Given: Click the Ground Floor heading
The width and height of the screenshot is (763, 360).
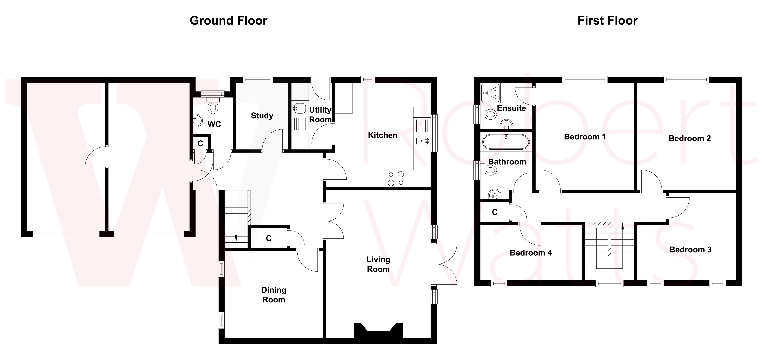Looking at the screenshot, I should point(228,21).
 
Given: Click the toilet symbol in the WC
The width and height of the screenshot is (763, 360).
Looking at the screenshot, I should point(213,107).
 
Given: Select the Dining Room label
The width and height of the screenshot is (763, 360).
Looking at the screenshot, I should point(273,295).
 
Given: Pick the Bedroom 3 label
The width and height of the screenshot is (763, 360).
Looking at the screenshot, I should point(690,250).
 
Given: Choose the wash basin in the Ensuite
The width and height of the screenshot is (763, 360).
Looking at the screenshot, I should point(506,124).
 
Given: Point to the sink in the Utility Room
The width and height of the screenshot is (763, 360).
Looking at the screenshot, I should point(299,108).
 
